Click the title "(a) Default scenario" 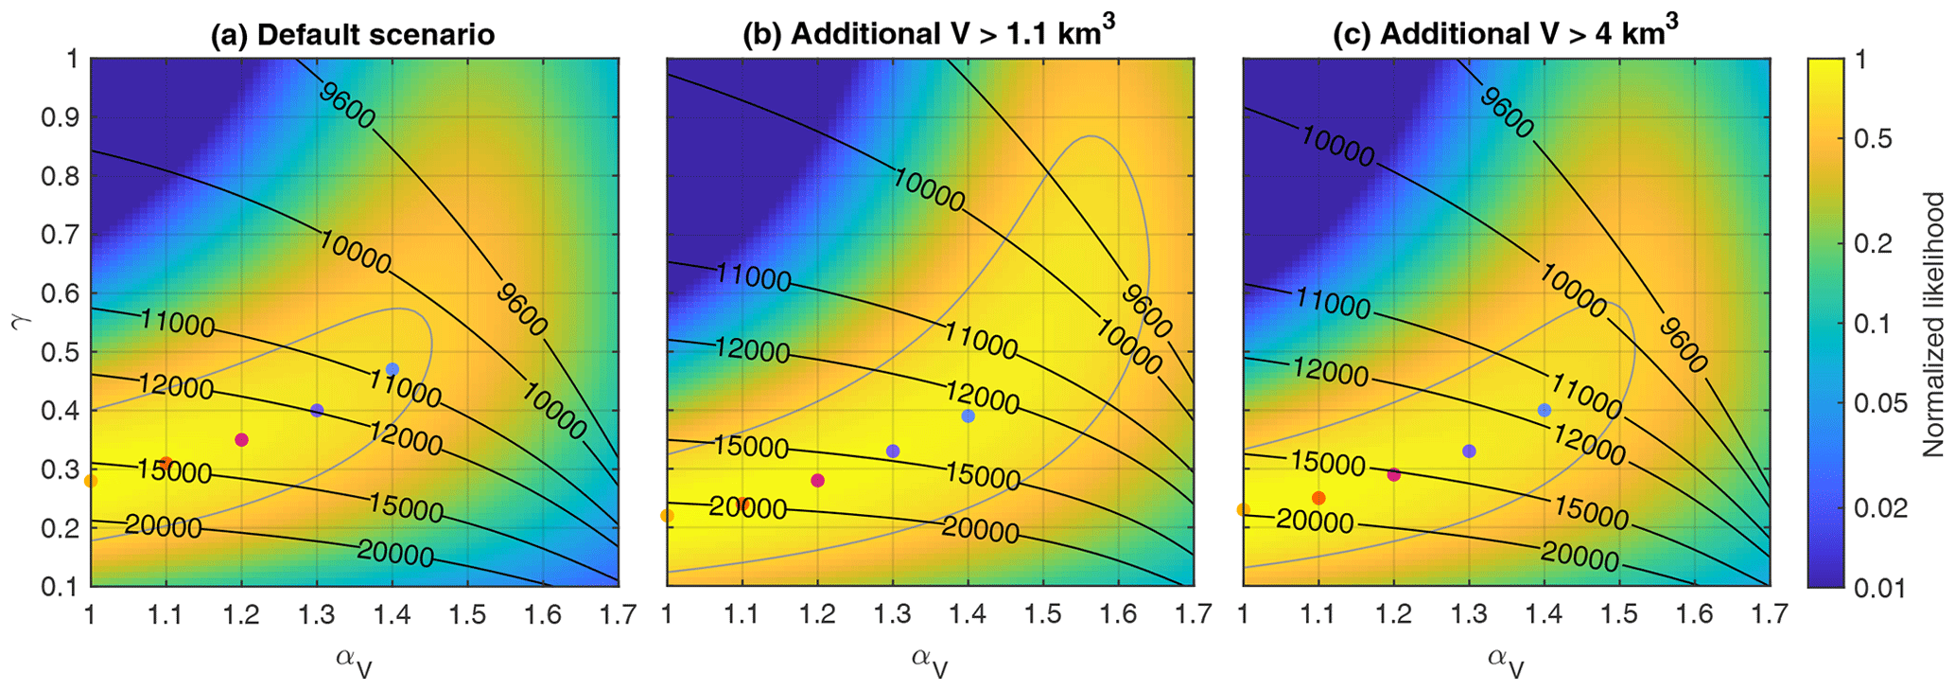tap(352, 35)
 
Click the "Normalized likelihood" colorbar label tap(1933, 325)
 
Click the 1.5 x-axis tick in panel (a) tap(467, 614)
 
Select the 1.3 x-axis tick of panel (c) tap(1468, 614)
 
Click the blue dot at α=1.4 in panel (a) tap(393, 369)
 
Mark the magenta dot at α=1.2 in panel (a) tap(241, 439)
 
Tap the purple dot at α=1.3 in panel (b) tap(893, 451)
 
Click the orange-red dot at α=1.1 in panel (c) tap(1318, 498)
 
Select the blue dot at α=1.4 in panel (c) tap(1545, 410)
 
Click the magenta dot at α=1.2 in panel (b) tap(818, 481)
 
